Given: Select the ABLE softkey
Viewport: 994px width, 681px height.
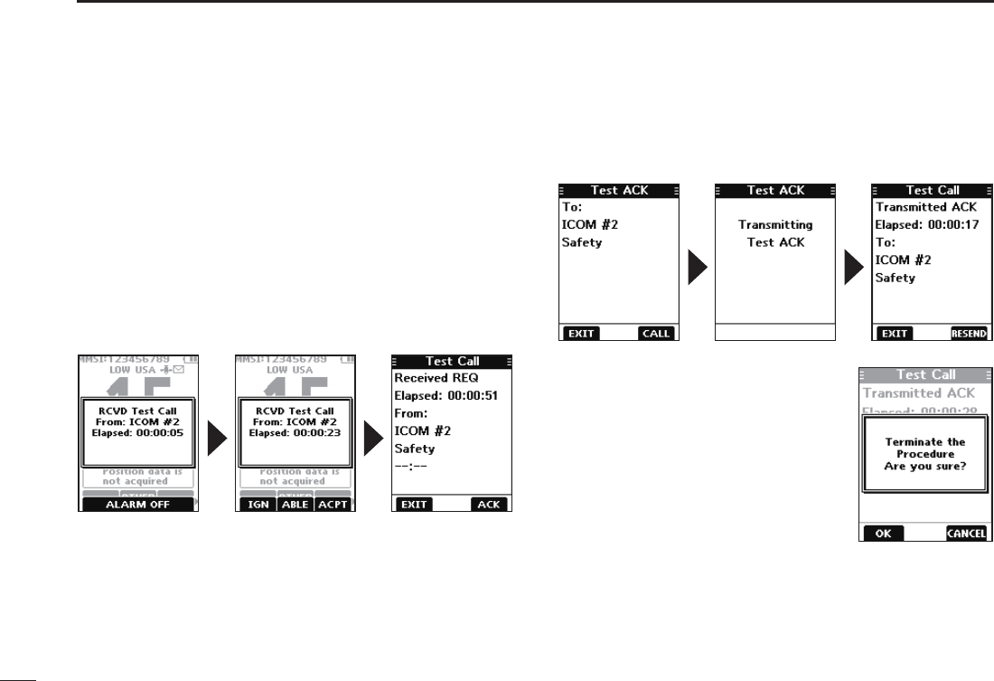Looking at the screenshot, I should click(x=295, y=505).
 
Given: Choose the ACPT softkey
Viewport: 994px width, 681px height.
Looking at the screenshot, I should click(x=333, y=505).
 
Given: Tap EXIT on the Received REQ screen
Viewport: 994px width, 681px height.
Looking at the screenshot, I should click(x=412, y=505).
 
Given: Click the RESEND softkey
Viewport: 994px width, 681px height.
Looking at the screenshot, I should click(x=969, y=333).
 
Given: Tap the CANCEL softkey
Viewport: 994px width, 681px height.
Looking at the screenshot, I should click(x=966, y=534).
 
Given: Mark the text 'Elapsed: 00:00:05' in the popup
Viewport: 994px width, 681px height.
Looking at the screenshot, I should click(x=137, y=432).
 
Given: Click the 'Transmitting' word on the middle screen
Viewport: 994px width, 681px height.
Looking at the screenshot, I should click(x=775, y=225).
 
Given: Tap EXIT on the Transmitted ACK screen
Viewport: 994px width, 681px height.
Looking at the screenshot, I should click(x=895, y=333).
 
